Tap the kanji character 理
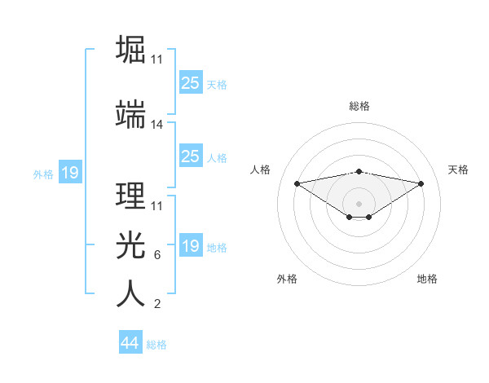(x=130, y=196)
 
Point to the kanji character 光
(x=130, y=244)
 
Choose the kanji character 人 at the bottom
(x=130, y=294)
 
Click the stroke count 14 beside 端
(x=157, y=125)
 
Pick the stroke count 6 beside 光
(x=157, y=255)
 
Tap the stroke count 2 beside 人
(x=157, y=305)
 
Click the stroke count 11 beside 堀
(x=157, y=59)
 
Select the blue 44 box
(x=130, y=343)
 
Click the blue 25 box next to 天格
(x=190, y=82)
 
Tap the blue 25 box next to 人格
(x=190, y=156)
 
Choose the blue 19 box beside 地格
(x=190, y=246)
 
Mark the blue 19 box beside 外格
(x=69, y=173)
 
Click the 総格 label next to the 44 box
(x=156, y=345)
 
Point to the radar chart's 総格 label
(x=359, y=106)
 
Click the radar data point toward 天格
(x=421, y=183)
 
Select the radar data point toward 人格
(x=297, y=183)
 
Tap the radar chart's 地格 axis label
(x=427, y=279)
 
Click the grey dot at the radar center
(x=359, y=203)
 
